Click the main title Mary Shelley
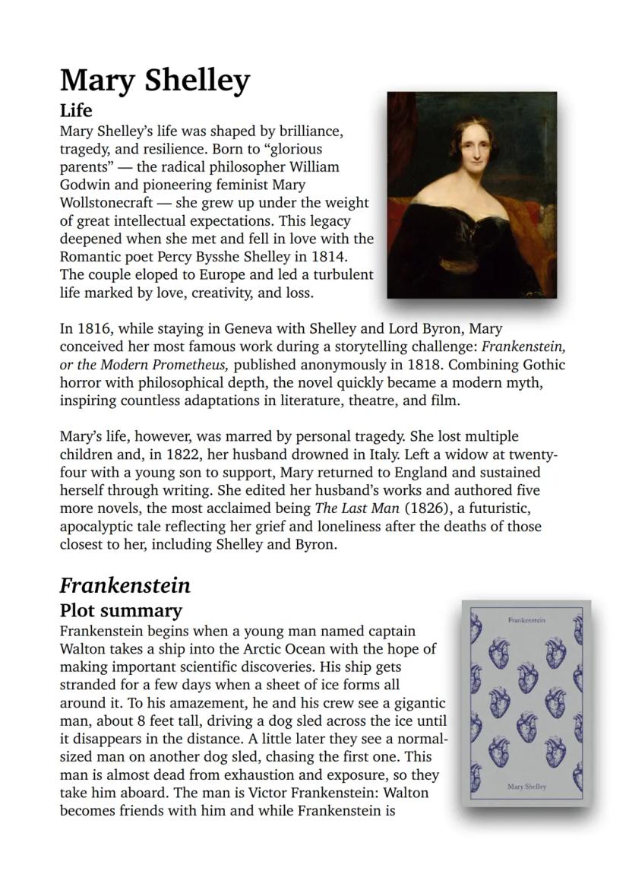click(x=154, y=80)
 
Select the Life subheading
click(x=76, y=111)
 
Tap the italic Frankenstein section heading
click(x=125, y=585)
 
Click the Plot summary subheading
click(x=121, y=610)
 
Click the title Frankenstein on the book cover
click(x=526, y=620)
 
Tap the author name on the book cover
click(x=526, y=787)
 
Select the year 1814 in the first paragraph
click(x=328, y=257)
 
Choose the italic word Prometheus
click(x=185, y=364)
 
